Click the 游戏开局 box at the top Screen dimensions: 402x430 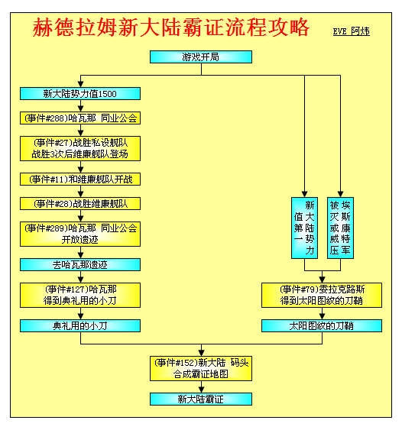(201, 57)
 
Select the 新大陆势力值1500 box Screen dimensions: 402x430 (80, 94)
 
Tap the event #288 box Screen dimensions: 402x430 (80, 118)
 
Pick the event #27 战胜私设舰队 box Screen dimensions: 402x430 (80, 148)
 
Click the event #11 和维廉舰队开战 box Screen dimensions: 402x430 (80, 179)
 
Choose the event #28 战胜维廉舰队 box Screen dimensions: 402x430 (80, 204)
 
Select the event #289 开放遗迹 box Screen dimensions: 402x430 (80, 234)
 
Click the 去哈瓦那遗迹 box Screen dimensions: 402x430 (80, 264)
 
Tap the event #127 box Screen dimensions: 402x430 (80, 295)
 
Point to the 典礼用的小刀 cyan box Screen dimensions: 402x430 (80, 326)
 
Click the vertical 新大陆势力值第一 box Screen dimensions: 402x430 (305, 228)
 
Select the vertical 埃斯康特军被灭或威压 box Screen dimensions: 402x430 (340, 228)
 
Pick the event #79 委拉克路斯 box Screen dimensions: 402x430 (322, 295)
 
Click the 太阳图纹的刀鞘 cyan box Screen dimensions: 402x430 (322, 326)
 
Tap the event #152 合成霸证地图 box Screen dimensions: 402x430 (201, 369)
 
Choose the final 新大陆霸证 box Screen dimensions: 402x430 (201, 399)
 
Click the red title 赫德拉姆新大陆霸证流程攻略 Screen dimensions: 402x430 (171, 27)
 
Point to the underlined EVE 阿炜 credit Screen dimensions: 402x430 (352, 31)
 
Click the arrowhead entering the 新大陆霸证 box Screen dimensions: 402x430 (202, 390)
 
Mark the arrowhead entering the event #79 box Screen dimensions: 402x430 (323, 280)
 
